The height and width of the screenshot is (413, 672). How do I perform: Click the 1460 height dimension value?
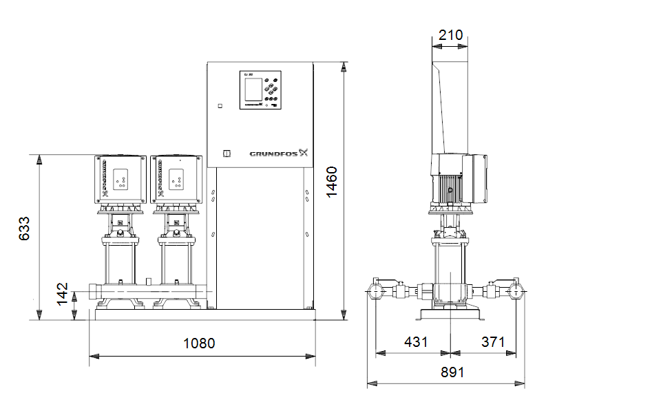(x=332, y=182)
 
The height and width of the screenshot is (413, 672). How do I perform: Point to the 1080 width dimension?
(x=198, y=343)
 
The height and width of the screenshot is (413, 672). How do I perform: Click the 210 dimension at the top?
(x=450, y=34)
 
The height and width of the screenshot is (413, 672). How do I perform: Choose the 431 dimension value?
(x=416, y=341)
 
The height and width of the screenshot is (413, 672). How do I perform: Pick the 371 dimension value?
(x=493, y=341)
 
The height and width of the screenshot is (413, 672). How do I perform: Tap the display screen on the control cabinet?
(x=253, y=89)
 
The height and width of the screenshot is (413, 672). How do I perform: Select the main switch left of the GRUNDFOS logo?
(x=223, y=154)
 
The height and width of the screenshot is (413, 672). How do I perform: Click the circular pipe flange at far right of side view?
(x=516, y=291)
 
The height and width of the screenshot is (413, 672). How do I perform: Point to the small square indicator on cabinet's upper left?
(x=220, y=106)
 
